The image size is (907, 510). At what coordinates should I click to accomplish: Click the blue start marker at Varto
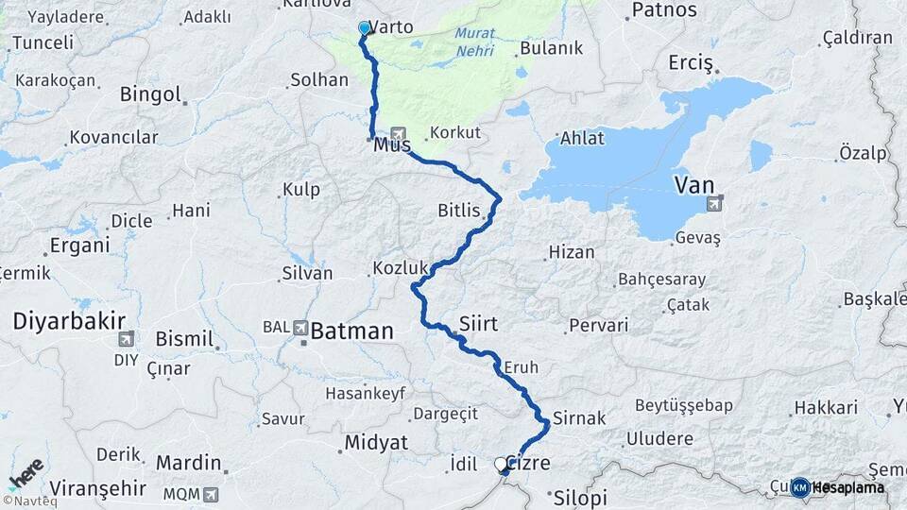(x=364, y=28)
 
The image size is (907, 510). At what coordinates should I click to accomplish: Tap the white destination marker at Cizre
(x=501, y=464)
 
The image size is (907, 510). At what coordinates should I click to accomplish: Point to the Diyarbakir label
(x=69, y=321)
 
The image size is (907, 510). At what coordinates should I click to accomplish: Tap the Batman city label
(x=351, y=331)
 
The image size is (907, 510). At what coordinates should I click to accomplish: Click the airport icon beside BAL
(x=301, y=328)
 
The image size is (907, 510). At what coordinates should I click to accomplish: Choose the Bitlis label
(x=459, y=209)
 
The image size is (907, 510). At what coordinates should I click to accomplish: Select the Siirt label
(x=477, y=323)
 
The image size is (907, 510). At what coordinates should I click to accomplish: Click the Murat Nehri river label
(x=474, y=42)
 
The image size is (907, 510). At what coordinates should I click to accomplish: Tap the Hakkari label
(x=825, y=408)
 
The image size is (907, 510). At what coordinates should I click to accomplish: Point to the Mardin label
(x=188, y=463)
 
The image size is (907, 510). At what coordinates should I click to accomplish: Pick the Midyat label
(x=376, y=442)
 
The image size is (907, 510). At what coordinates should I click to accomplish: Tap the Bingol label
(x=150, y=93)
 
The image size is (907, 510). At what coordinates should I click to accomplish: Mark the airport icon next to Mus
(x=398, y=134)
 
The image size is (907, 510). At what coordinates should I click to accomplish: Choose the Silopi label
(x=579, y=498)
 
